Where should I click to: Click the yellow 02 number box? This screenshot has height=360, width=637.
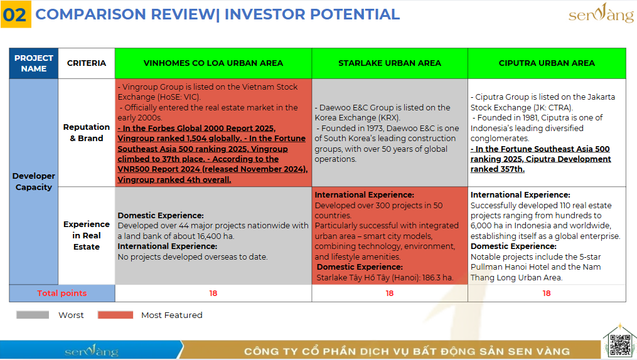tap(16, 14)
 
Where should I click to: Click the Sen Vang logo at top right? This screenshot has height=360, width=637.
tap(601, 13)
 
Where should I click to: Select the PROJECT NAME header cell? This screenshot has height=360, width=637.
tap(34, 63)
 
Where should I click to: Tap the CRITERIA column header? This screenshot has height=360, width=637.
tap(87, 63)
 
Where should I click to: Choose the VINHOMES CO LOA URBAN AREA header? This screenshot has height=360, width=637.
tap(213, 63)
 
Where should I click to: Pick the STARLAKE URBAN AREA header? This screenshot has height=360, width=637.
tap(390, 63)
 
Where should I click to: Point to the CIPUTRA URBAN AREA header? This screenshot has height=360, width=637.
tap(547, 63)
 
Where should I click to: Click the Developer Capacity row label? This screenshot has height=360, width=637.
tap(34, 181)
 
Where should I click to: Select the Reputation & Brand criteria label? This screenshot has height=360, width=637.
tap(87, 133)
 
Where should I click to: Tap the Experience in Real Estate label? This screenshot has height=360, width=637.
tap(87, 235)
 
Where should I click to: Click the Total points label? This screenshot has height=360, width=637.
tap(62, 293)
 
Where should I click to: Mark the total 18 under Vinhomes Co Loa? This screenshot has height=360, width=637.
tap(213, 293)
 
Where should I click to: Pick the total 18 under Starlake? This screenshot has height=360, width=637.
tap(390, 293)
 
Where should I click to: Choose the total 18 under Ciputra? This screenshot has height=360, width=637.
tap(547, 293)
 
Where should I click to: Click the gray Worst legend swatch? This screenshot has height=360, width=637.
tap(33, 315)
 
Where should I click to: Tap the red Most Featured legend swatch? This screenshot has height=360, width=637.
tap(115, 315)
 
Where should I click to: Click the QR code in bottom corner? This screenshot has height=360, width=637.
tap(620, 345)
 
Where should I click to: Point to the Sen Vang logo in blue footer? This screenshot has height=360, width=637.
tap(92, 351)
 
